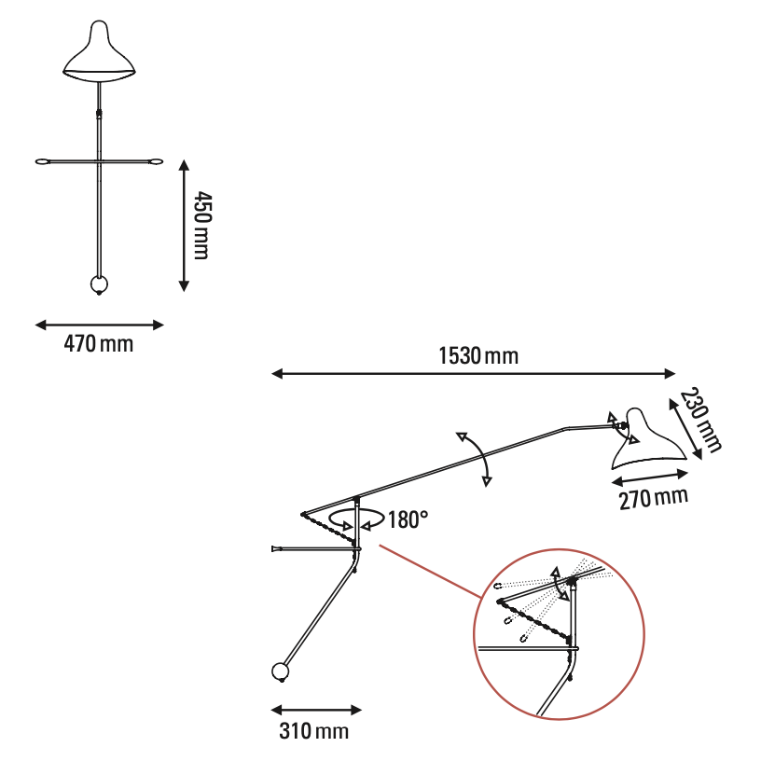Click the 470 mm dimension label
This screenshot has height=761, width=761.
[x=99, y=344]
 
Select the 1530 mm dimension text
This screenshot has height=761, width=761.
[x=478, y=355]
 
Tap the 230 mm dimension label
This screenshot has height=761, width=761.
[x=699, y=421]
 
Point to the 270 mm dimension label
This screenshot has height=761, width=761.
[x=653, y=498]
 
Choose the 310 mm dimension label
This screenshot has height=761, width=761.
[x=314, y=730]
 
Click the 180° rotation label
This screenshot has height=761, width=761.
[x=408, y=519]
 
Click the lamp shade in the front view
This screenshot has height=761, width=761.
[x=99, y=52]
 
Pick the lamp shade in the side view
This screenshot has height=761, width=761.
[x=646, y=439]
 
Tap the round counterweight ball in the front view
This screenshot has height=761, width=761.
[x=99, y=284]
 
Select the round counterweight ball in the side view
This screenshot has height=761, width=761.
[x=280, y=672]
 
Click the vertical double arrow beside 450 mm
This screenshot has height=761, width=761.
[x=184, y=226]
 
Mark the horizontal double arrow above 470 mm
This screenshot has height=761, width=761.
[x=100, y=325]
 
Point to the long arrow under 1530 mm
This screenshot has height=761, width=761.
[x=473, y=373]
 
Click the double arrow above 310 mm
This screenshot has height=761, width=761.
[x=316, y=711]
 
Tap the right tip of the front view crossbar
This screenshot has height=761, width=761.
[x=161, y=161]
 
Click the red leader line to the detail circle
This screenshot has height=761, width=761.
[x=431, y=572]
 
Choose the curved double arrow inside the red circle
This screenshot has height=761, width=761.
[x=560, y=584]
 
